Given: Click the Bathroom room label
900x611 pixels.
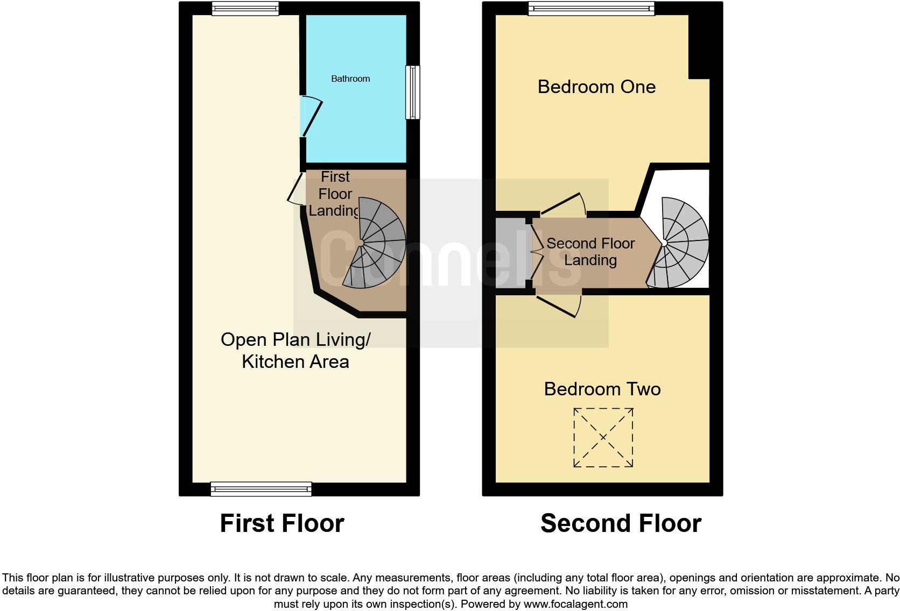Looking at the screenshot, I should coord(350,79).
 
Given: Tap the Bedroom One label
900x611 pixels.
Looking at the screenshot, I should coord(596,87).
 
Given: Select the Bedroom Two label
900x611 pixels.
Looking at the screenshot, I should coord(602,389).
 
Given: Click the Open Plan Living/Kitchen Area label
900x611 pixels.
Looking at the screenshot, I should coord(296,350).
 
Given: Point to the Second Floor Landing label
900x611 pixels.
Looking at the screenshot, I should coord(590,252).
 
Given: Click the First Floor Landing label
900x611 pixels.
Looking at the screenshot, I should coord(335,194).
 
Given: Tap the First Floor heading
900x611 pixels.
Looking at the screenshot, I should coord(282,523).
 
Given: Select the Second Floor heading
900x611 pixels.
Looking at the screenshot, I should coord(621,523).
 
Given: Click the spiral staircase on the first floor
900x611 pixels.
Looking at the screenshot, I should coord(377,242).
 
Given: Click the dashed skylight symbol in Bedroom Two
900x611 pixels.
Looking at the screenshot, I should coord(603,437).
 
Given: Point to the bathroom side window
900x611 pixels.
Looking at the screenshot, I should coord(413,92).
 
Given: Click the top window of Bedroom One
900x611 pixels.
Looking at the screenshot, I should coord(591,8).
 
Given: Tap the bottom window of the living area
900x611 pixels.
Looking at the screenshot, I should coord(261,489).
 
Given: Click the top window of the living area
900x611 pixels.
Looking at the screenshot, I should coord(245,8).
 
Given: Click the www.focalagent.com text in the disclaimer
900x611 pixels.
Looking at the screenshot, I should coord(575,604).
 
